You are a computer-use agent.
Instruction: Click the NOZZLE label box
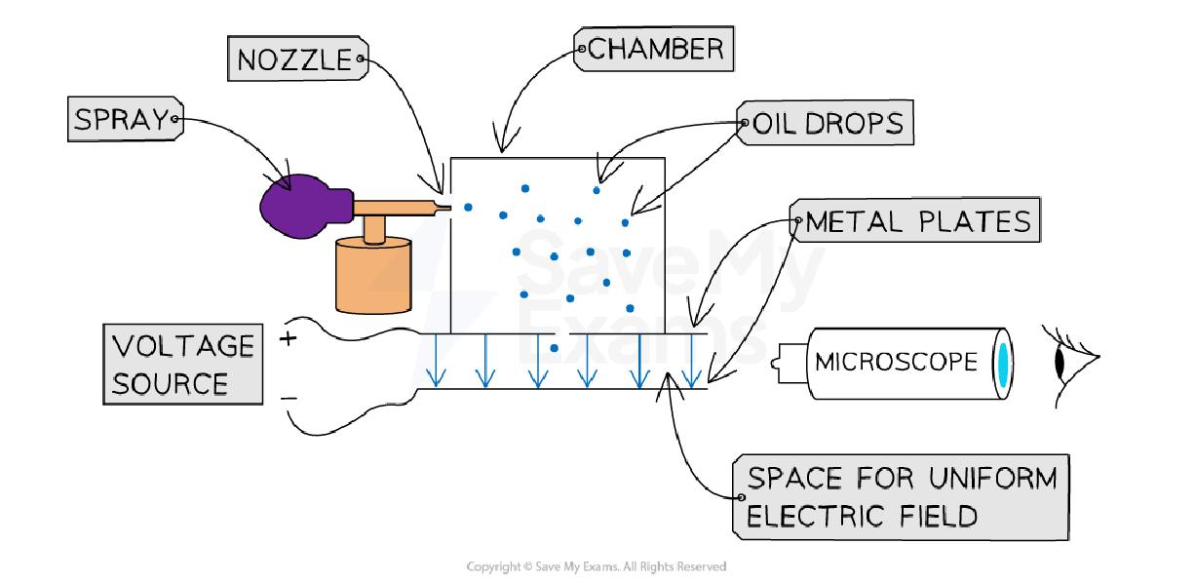[296, 59]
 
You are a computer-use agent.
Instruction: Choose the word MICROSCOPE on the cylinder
[896, 363]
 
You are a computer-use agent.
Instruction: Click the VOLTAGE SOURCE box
[183, 366]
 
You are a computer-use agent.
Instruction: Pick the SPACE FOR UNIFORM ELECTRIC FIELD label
[900, 496]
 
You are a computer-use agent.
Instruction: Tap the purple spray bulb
[296, 207]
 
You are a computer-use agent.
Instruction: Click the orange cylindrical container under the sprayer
[373, 276]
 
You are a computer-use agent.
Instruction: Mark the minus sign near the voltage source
[289, 399]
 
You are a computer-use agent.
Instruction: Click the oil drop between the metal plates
[555, 348]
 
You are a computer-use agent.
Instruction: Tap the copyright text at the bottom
[597, 565]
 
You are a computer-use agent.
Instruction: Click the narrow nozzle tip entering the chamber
[443, 206]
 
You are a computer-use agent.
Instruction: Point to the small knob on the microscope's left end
[779, 363]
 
